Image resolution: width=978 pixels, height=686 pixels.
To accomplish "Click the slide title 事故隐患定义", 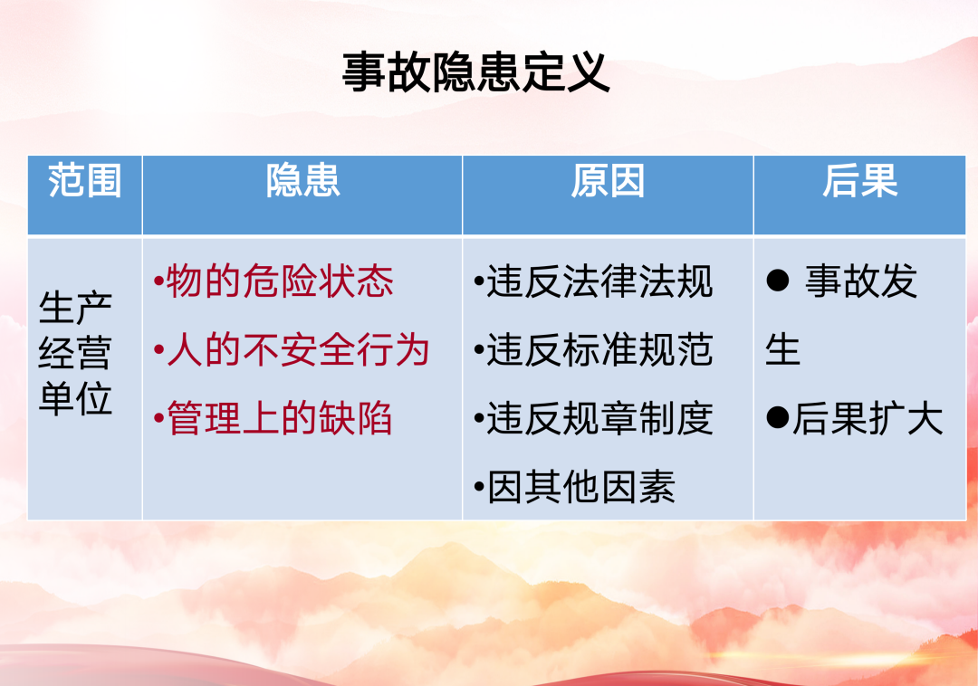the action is [476, 73].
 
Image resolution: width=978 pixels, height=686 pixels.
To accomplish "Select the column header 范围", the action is [85, 181].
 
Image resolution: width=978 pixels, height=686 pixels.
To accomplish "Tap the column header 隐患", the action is [303, 181].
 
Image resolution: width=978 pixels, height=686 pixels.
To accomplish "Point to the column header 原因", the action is [608, 181].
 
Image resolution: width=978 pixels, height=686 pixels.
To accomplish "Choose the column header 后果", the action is [859, 181].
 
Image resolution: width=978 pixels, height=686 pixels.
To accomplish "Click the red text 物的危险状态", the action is [280, 281].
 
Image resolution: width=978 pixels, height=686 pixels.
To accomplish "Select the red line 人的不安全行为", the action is [298, 349].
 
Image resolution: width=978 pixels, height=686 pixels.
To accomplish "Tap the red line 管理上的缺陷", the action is [280, 418].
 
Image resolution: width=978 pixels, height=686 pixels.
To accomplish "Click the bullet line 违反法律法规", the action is [599, 281].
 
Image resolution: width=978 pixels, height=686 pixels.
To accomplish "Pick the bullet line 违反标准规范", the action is [599, 349].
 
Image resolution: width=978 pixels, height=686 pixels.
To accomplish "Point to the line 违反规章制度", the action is [599, 418].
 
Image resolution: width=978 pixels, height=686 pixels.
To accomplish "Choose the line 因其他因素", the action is [580, 487].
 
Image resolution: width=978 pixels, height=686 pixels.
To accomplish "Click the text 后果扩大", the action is [868, 418].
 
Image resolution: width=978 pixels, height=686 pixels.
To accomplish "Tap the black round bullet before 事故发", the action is [778, 281].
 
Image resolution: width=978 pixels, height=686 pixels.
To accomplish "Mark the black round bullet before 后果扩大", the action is [778, 417].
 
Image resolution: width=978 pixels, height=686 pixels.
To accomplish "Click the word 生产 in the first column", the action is [75, 308].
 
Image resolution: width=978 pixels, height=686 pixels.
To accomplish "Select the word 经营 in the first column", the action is [75, 353].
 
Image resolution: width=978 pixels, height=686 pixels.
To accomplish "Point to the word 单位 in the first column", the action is [75, 397].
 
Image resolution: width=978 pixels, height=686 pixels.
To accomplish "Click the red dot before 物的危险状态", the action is [159, 281].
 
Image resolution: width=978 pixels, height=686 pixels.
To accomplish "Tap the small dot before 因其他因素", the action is [479, 487].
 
